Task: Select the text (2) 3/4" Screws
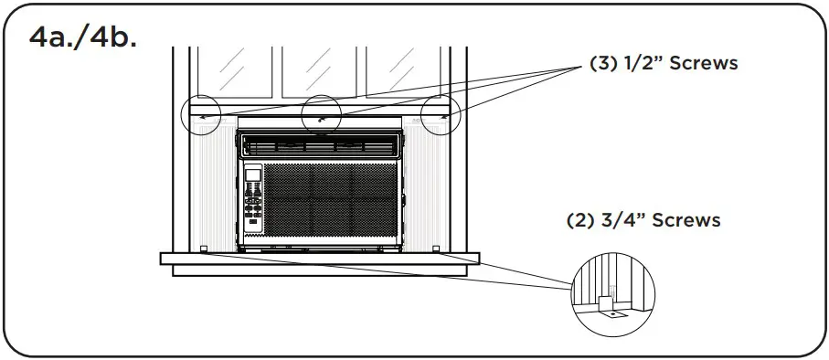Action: [643, 220]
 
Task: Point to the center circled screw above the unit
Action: [321, 116]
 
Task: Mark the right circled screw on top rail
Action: [442, 117]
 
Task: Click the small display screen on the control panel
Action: [253, 174]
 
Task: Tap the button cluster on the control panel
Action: [253, 209]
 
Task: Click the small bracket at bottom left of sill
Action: [203, 249]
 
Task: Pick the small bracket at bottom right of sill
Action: [436, 249]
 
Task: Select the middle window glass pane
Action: [322, 69]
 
